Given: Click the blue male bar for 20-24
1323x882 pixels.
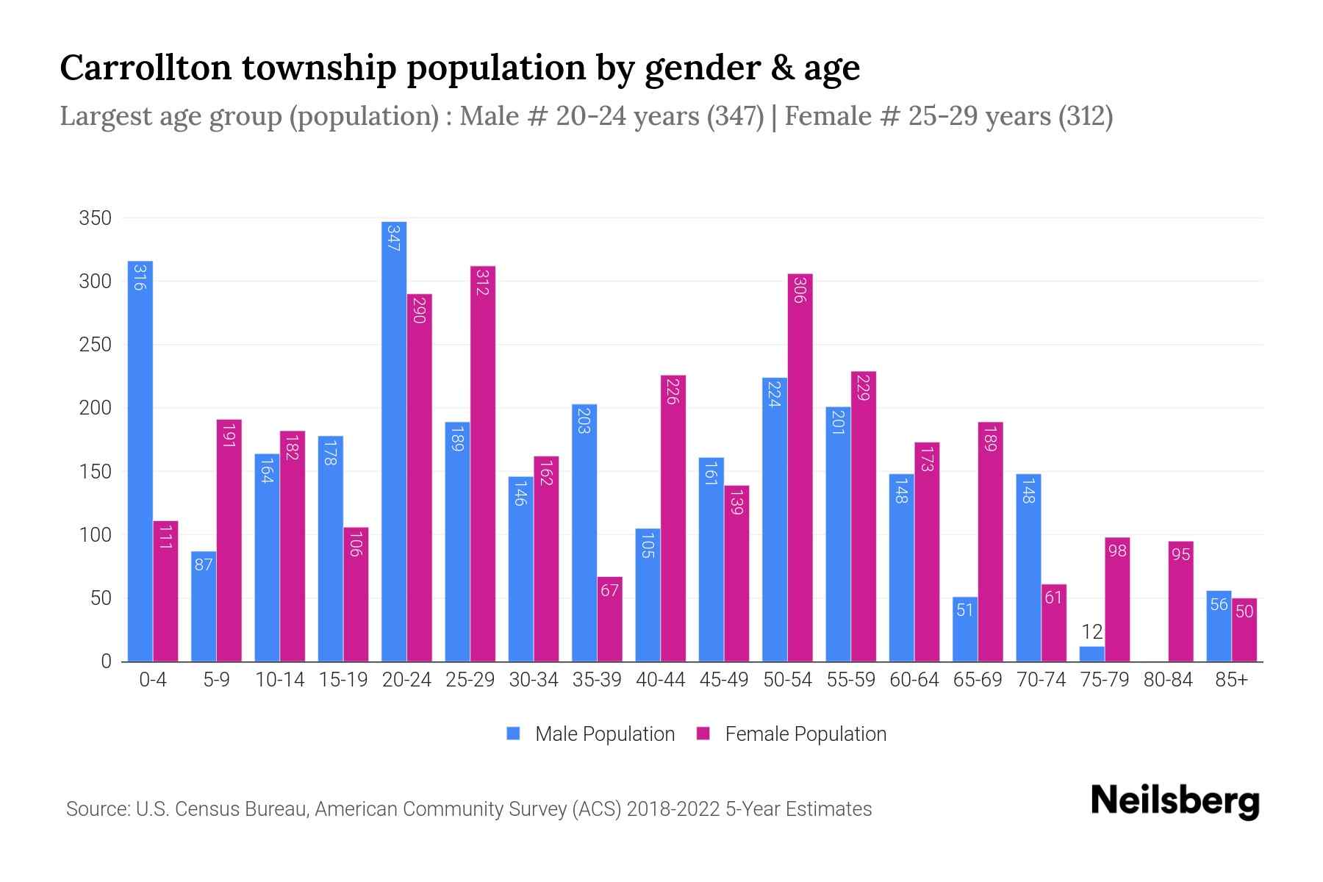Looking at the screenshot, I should pos(394,441).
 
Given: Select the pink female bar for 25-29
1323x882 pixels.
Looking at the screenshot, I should pos(483,463).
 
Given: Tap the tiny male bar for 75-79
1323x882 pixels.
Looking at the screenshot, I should pos(1092,653).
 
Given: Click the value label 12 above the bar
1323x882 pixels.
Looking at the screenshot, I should pos(1092,631).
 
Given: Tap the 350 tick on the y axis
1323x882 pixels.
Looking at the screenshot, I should pos(96,218).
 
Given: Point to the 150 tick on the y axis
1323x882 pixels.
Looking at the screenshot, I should pos(96,471).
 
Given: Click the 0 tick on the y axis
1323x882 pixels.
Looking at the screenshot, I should pos(106,661).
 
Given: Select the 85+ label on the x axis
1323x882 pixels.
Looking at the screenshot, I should pos(1231,680).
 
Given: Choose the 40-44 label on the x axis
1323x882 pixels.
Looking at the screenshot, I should pos(660,680).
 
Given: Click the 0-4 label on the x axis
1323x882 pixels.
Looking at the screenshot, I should pos(153,680).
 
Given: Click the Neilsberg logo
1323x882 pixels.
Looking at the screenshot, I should pos(1175,801).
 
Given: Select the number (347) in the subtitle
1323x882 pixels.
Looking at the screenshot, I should pos(736,116).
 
